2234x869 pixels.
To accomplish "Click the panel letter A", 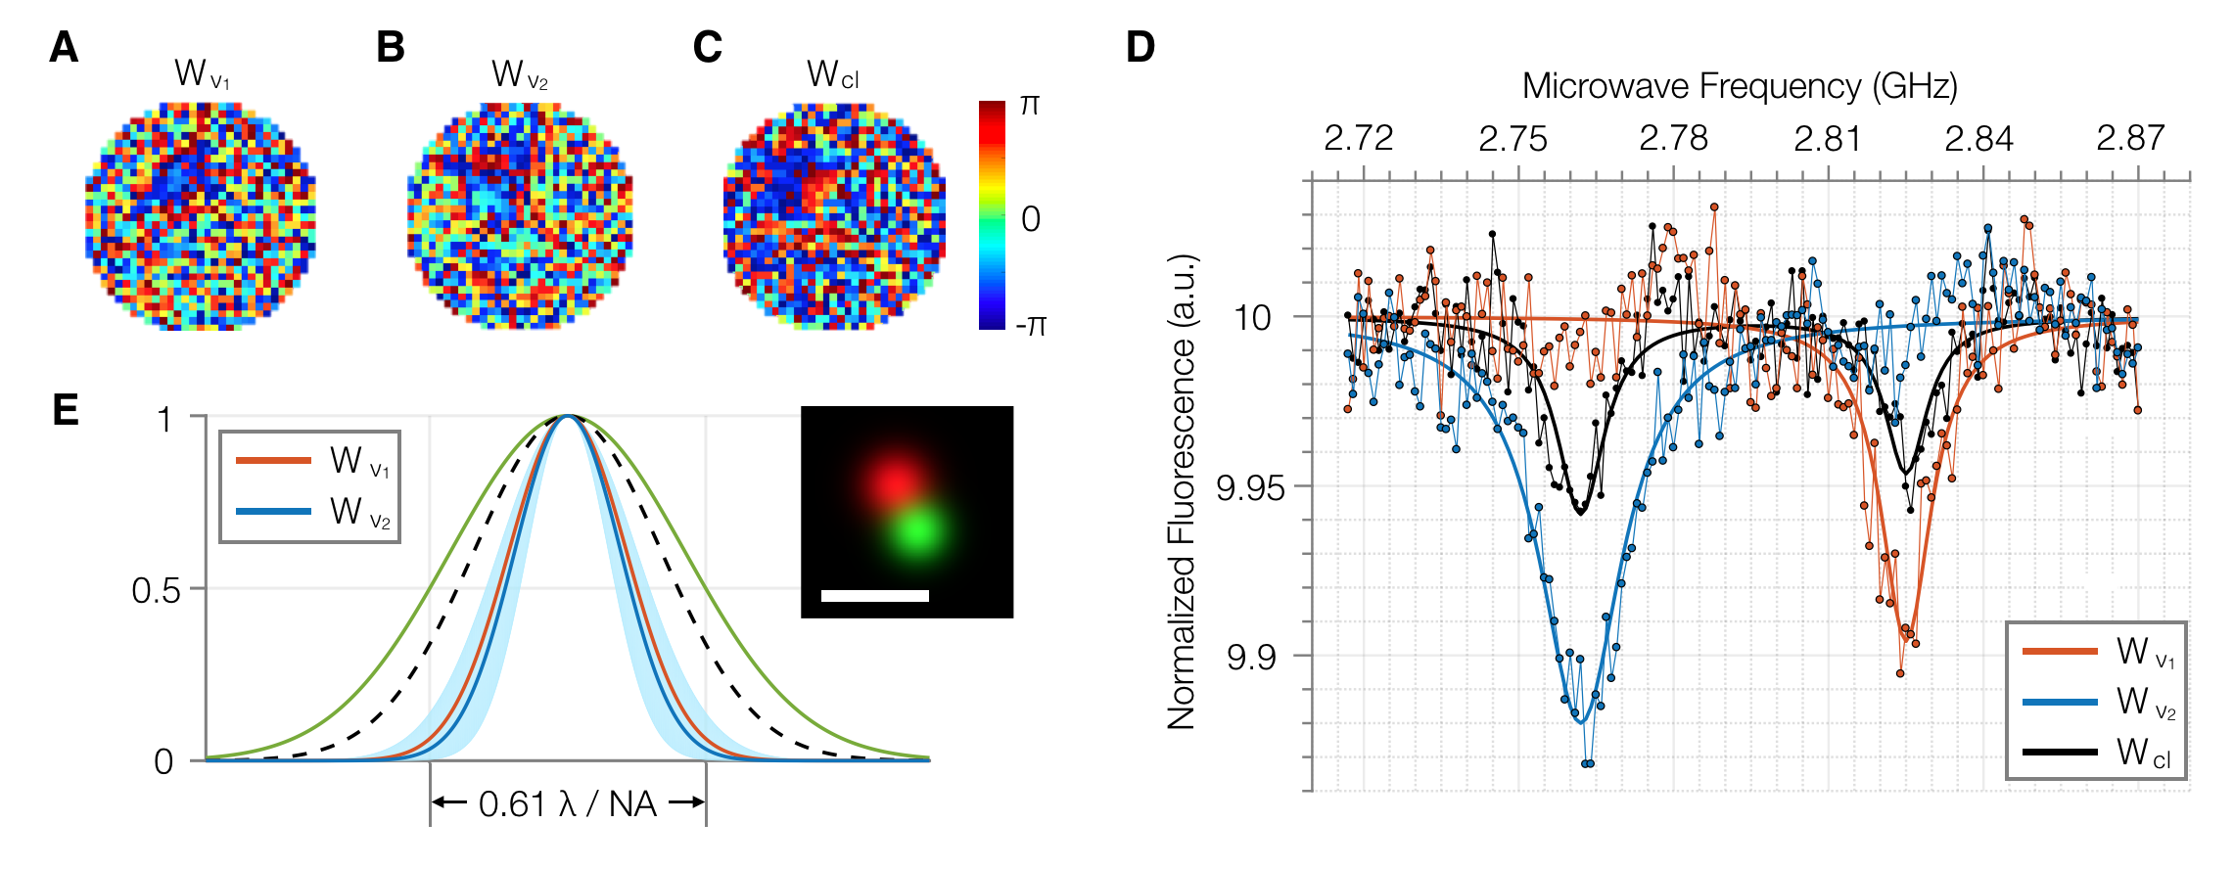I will click(x=64, y=47).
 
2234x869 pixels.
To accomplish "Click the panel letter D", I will click(x=1140, y=47).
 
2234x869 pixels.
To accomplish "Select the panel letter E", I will click(x=65, y=410).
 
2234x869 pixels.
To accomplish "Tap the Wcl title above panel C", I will click(x=832, y=74).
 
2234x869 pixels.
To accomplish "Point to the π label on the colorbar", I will click(x=1029, y=105).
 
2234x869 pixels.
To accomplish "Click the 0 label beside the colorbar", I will click(x=1030, y=218).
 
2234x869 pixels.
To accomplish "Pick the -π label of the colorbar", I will click(x=1031, y=325).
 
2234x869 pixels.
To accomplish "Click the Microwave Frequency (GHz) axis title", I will click(x=1739, y=87).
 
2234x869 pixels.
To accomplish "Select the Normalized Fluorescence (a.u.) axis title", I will click(x=1183, y=491).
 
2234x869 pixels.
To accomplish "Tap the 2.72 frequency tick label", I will click(x=1358, y=139).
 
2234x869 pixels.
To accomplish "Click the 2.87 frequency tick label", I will click(x=2129, y=139).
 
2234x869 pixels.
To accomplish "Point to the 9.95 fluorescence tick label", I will click(x=1250, y=487).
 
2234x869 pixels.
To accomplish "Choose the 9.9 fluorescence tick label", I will click(x=1251, y=657).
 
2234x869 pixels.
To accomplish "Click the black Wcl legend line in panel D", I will click(x=2060, y=752).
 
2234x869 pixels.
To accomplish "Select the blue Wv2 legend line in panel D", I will click(x=2060, y=702).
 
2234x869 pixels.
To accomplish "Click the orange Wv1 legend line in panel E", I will click(x=273, y=460).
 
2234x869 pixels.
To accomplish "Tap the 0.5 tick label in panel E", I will click(x=157, y=590).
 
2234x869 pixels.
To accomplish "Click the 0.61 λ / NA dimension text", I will click(x=567, y=804).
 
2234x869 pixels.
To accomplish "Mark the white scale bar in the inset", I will click(x=874, y=595).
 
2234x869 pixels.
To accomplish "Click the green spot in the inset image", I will click(x=917, y=529).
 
